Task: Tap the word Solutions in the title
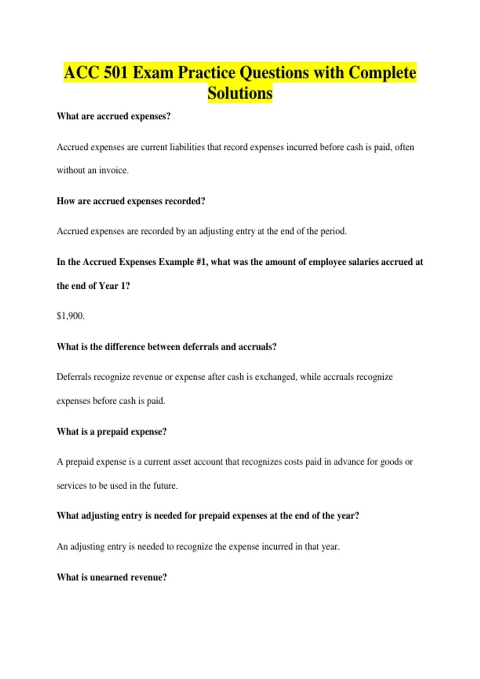240,93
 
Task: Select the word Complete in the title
382,73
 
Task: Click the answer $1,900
70,316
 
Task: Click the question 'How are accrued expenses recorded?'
131,201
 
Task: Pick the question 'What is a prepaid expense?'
112,431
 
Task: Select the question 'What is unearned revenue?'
112,577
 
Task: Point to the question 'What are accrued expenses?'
114,116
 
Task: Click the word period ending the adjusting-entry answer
333,231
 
